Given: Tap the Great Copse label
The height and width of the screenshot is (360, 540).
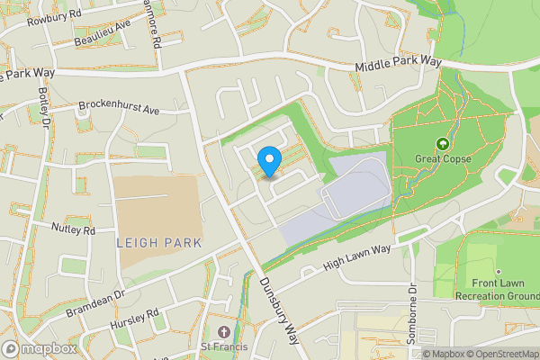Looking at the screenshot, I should (x=441, y=159).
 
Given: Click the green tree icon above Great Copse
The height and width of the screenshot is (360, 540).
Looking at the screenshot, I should (x=442, y=144).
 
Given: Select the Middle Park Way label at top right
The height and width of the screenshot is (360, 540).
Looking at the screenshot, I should (x=398, y=65).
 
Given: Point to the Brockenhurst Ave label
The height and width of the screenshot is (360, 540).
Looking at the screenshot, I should (x=119, y=107).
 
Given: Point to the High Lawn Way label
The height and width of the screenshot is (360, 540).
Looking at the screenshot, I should (x=357, y=259).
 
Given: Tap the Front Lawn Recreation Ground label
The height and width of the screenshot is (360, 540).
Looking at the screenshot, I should (x=497, y=290).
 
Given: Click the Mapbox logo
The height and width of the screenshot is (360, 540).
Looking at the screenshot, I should (x=40, y=349).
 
